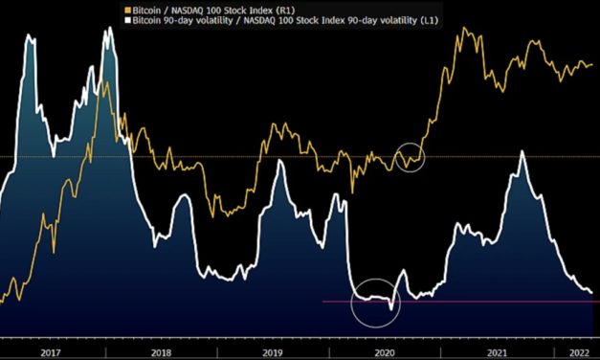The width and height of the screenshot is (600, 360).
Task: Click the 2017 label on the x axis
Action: (x=52, y=352)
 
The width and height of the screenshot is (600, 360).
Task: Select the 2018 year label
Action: (x=163, y=352)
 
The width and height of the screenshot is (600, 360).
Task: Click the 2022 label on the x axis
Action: (x=578, y=352)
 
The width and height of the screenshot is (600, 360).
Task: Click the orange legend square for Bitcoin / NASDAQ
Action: (x=130, y=9)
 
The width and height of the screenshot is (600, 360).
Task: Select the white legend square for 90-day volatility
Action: (x=130, y=19)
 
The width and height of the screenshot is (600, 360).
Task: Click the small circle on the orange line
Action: (x=410, y=156)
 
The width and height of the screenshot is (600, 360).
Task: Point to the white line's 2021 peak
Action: (x=522, y=152)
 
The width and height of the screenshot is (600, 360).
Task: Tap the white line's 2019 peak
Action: (x=279, y=162)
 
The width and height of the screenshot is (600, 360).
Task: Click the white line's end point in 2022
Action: (x=591, y=292)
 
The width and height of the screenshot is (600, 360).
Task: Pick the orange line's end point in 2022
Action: (x=591, y=65)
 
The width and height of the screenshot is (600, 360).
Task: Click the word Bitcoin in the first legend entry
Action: (x=151, y=9)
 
